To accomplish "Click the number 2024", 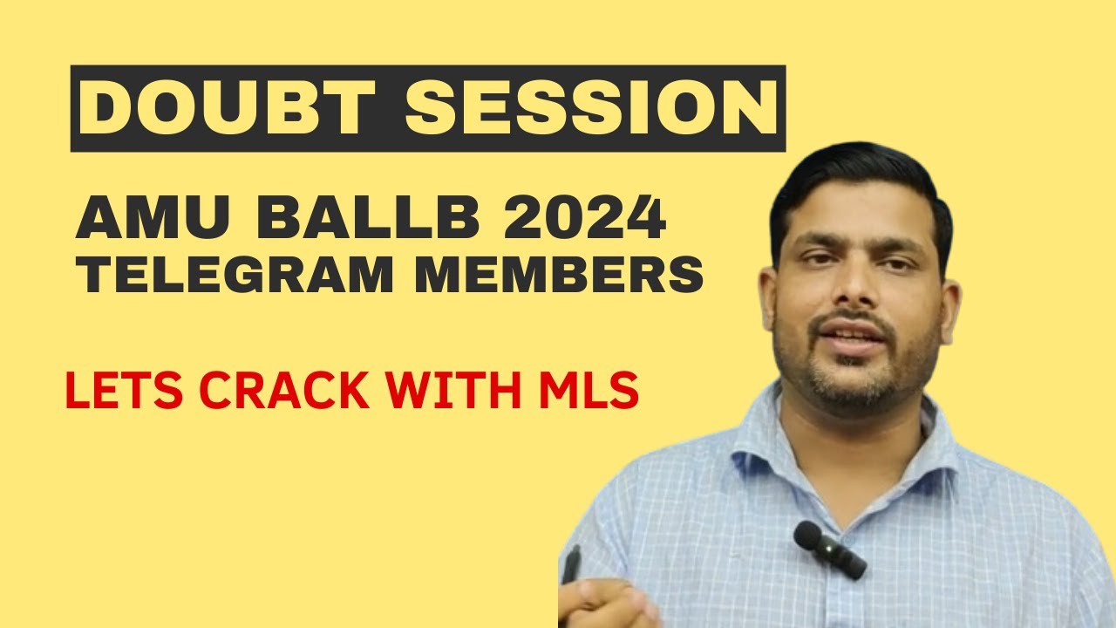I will tap(579, 220).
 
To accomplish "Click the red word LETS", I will tap(119, 392).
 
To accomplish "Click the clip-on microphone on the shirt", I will tap(828, 549).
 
